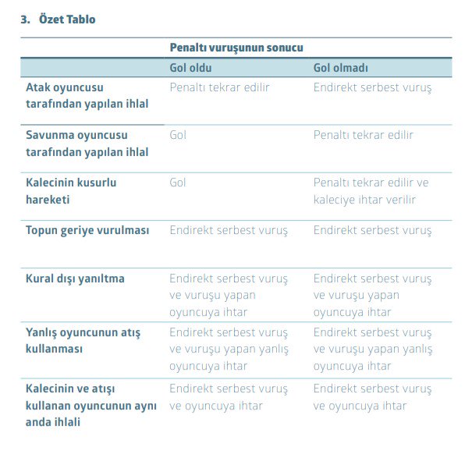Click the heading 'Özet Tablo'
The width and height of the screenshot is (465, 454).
[x=67, y=20]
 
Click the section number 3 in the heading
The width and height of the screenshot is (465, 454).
[x=24, y=20]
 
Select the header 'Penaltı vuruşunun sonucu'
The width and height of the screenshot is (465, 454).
[x=236, y=48]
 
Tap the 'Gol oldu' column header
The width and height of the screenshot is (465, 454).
[x=190, y=67]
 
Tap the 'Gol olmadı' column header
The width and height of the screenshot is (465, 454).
[x=340, y=67]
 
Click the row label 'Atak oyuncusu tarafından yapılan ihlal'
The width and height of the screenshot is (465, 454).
[x=87, y=95]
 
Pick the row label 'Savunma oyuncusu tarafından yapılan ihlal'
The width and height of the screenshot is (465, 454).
[x=87, y=143]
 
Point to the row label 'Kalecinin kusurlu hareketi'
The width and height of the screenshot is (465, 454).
[x=71, y=190]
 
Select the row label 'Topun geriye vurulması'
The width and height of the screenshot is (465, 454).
[x=87, y=230]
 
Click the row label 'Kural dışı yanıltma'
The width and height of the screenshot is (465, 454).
[x=75, y=278]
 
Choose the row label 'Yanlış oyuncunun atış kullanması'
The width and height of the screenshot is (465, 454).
[x=83, y=340]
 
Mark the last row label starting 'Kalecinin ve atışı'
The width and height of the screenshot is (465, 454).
[x=91, y=404]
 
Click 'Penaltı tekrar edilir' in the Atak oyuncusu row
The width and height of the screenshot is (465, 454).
[x=219, y=87]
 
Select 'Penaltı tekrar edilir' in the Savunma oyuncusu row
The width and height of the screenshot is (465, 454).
[x=364, y=135]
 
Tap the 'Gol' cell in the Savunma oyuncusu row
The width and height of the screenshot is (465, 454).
[x=178, y=135]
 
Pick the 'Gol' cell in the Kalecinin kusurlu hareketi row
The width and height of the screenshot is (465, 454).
[x=178, y=183]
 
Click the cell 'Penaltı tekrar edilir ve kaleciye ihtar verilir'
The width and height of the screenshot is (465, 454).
[x=371, y=190]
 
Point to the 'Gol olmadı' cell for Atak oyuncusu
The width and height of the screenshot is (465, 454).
[x=372, y=87]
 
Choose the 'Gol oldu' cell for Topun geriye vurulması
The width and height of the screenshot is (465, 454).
[x=229, y=230]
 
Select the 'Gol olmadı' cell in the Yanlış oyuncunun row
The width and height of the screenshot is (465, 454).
[x=373, y=349]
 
